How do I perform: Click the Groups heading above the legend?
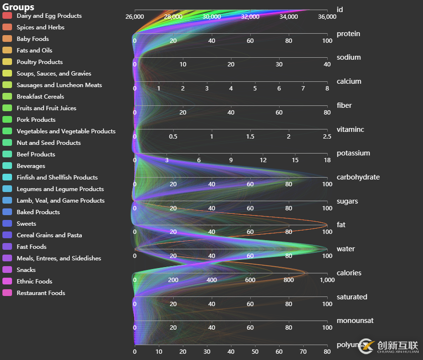coord(18,7)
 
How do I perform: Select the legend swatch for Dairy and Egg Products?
coord(7,16)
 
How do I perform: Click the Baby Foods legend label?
coord(33,39)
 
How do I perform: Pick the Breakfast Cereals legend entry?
coord(40,97)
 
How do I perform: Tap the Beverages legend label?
coord(31,166)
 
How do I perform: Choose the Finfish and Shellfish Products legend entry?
coord(57,178)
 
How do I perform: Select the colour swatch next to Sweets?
coord(7,224)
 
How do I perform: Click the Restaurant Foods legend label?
coord(41,293)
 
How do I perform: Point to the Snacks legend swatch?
coord(7,270)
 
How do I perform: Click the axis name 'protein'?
coord(348,34)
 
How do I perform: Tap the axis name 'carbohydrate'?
coord(358,177)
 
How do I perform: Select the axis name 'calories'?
coord(349,273)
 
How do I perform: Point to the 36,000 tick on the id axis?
coord(327,17)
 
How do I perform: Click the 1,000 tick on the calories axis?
coord(327,280)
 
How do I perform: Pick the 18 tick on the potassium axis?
coord(327,160)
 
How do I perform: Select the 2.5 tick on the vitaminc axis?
coord(327,137)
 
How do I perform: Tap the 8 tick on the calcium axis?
coord(327,89)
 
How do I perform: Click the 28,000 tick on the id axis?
coord(173,17)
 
